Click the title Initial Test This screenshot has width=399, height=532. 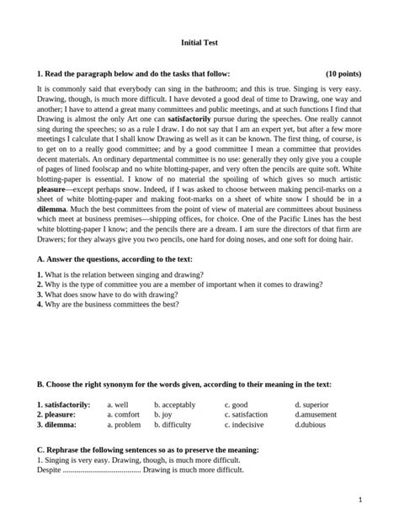(x=199, y=40)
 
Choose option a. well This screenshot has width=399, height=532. (x=118, y=405)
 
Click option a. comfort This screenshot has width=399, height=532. (x=124, y=415)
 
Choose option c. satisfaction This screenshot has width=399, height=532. (x=247, y=415)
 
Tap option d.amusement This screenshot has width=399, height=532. (x=317, y=415)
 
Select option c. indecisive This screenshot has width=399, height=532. (x=244, y=425)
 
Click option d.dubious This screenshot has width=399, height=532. (x=312, y=425)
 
